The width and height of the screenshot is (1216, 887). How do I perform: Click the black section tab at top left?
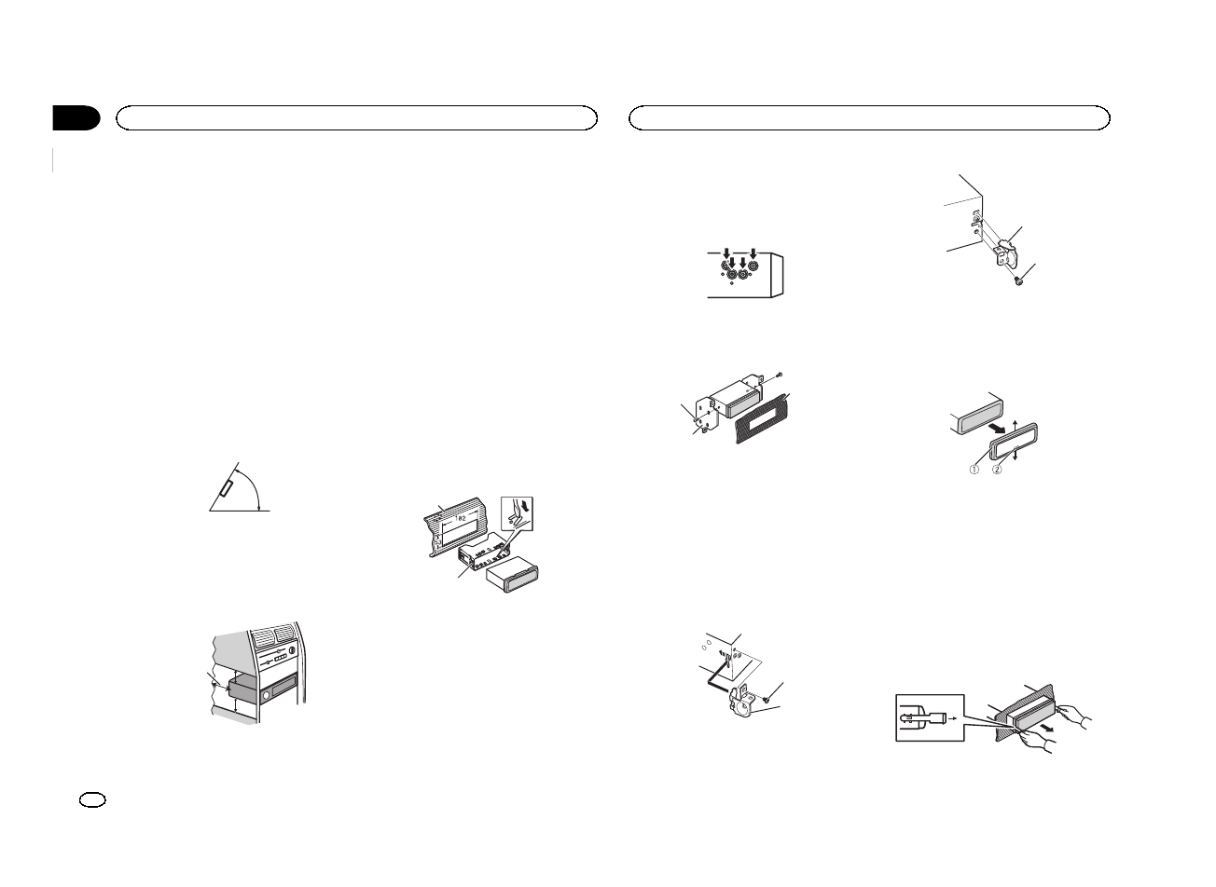[x=76, y=118]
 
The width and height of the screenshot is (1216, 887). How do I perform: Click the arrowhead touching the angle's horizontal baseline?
[x=258, y=506]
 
